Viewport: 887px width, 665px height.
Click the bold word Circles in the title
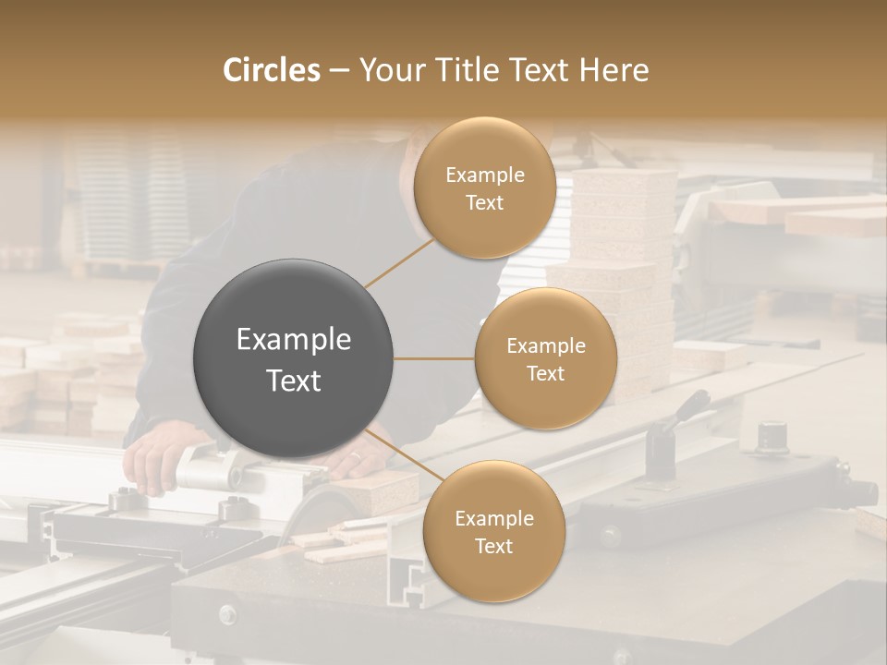(271, 70)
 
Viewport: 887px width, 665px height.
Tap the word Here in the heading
(614, 70)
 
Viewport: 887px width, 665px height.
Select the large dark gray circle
(294, 358)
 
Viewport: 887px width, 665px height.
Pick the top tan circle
(484, 187)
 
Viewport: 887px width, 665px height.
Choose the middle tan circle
(545, 358)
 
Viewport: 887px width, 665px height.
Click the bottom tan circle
(493, 531)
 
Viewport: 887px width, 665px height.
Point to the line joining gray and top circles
(400, 262)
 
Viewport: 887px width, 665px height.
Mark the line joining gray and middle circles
(434, 358)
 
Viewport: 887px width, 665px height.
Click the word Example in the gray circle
(294, 340)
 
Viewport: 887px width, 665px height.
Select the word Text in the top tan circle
(484, 202)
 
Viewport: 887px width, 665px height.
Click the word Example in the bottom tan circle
(493, 518)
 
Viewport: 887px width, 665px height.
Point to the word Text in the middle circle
(545, 373)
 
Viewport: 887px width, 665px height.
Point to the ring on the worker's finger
(357, 456)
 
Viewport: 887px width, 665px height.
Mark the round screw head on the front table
(226, 613)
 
